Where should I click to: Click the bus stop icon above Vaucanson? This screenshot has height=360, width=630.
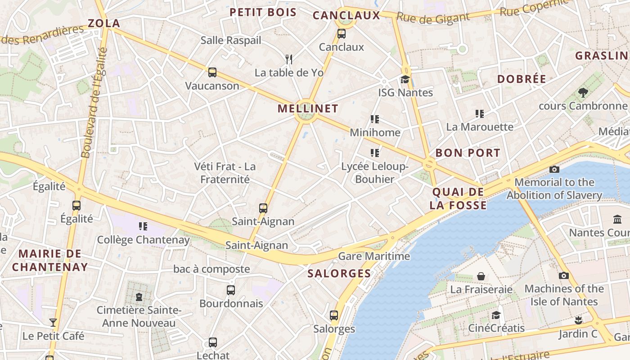click(212, 72)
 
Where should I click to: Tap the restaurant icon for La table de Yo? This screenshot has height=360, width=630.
click(289, 59)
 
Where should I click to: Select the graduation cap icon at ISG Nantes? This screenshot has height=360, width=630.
click(405, 79)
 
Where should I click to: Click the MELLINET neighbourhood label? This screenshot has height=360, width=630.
click(308, 108)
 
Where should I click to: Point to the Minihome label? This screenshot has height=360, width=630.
click(375, 132)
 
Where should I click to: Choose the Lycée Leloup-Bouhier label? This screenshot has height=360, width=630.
click(374, 173)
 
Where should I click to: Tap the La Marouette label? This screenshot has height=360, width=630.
click(480, 127)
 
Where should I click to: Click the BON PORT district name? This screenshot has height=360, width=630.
click(468, 153)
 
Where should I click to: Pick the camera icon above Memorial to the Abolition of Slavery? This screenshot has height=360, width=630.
click(554, 169)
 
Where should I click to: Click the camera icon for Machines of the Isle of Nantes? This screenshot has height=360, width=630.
click(563, 275)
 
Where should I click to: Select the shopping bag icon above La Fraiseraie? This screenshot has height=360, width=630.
click(481, 276)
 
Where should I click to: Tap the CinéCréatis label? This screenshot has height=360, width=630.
click(496, 328)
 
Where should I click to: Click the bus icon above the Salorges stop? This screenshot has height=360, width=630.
click(334, 315)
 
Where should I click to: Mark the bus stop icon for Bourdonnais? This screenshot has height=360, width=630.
click(231, 290)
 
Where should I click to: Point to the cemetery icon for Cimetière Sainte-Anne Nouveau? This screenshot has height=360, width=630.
click(139, 297)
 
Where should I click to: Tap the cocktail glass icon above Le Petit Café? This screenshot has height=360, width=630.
click(53, 322)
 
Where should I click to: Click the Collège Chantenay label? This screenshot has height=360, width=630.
click(143, 240)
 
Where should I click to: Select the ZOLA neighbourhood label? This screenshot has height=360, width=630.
click(104, 23)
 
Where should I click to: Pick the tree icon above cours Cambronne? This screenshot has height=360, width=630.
click(583, 93)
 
